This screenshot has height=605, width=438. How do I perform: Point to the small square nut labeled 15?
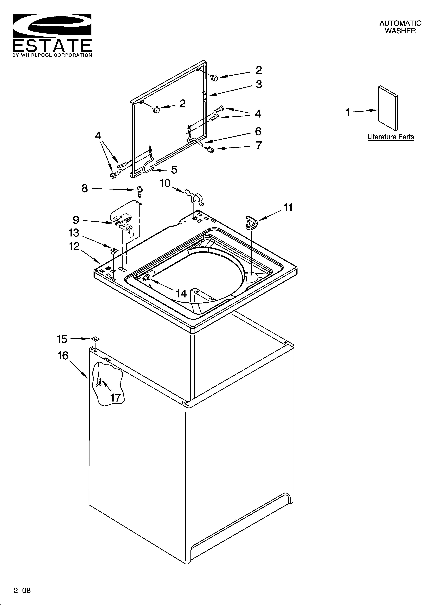(x=95, y=339)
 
